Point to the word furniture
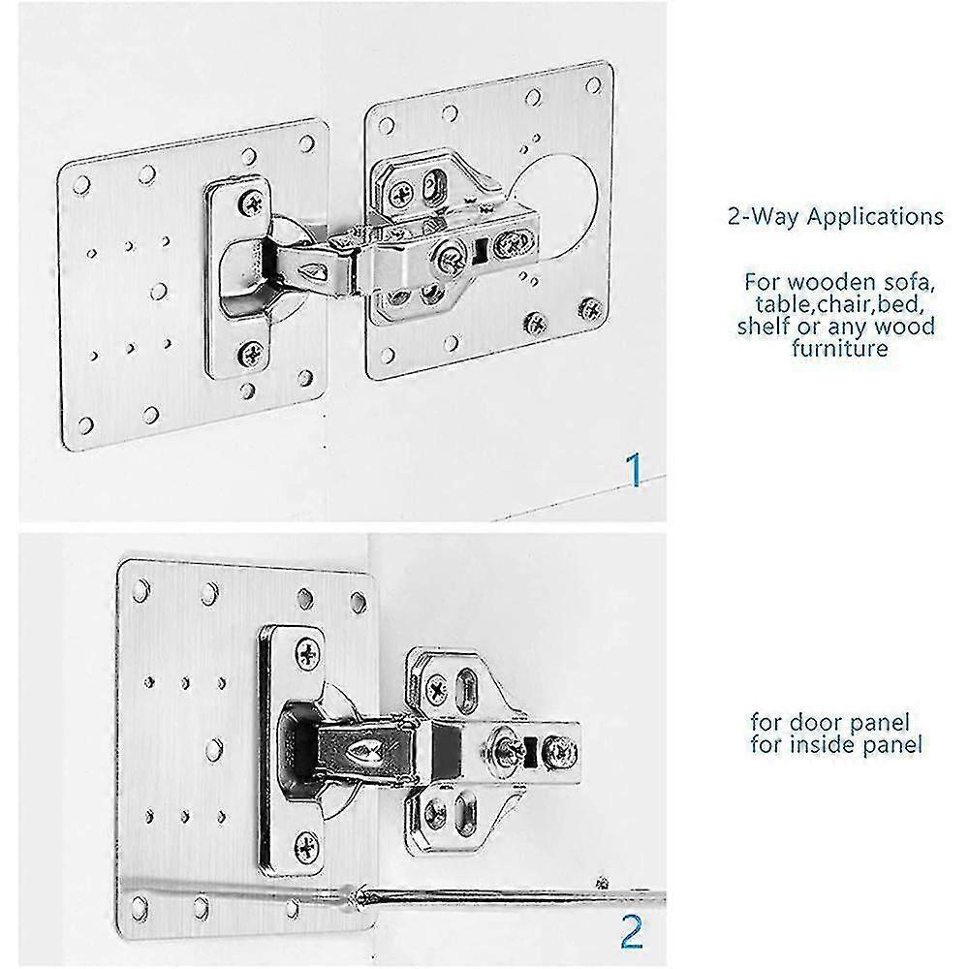coord(839,349)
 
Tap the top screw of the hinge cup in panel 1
coord(255,202)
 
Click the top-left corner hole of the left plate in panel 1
coord(81,183)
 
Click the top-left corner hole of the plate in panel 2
coord(141,587)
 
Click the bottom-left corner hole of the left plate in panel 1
coord(84,423)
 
